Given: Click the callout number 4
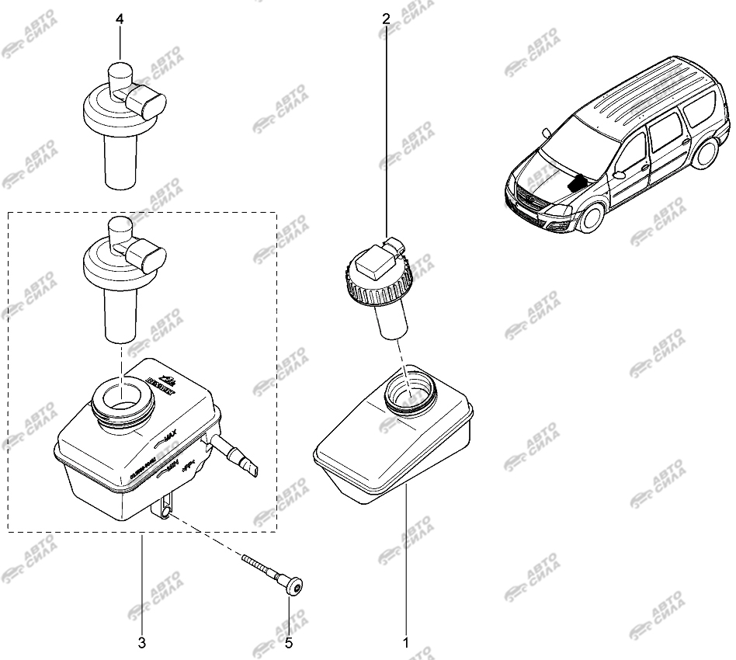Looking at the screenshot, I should [x=120, y=17].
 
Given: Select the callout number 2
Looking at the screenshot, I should [x=386, y=17].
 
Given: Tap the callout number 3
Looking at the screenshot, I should [x=142, y=643].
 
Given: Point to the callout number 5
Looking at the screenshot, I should [x=288, y=643].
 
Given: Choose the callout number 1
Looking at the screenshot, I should [x=404, y=643].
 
